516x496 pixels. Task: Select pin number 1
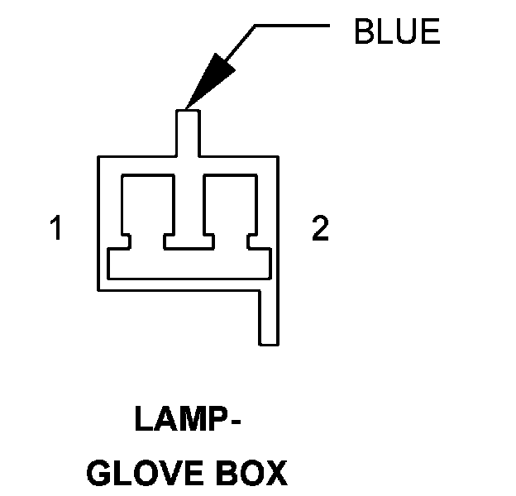click(56, 228)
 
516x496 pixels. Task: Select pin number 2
click(320, 228)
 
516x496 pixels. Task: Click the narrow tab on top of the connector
click(189, 131)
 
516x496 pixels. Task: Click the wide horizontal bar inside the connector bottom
click(189, 264)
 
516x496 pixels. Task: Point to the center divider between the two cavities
click(189, 207)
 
